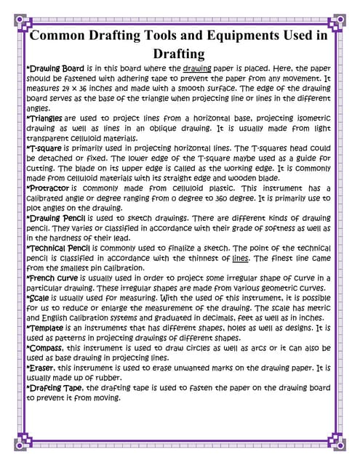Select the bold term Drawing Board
pyautogui.click(x=52, y=67)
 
